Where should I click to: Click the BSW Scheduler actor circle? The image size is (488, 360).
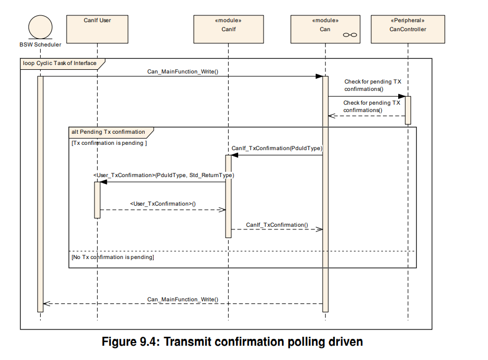41,27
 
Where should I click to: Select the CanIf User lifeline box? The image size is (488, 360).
97,29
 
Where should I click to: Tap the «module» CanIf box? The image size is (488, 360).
229,29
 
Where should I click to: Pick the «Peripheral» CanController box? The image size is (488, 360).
408,29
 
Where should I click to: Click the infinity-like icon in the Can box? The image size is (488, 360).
350,35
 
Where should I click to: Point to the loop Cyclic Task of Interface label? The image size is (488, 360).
60,63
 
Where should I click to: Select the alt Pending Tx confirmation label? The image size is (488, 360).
108,132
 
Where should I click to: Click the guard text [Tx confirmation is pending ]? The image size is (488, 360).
109,143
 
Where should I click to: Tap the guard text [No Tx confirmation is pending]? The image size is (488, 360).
112,257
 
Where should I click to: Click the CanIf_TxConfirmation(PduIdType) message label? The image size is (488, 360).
277,148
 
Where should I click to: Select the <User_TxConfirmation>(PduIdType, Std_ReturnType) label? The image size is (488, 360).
164,175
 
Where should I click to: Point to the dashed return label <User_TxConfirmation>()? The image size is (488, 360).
163,204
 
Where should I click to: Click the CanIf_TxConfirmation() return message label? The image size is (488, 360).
277,225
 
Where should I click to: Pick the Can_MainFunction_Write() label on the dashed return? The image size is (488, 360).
183,299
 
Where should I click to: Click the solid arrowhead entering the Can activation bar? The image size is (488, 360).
319,76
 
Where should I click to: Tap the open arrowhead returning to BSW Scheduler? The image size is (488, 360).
46,303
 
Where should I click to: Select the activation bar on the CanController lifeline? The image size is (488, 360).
408,110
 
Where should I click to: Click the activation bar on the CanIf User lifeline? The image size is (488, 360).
97,200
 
